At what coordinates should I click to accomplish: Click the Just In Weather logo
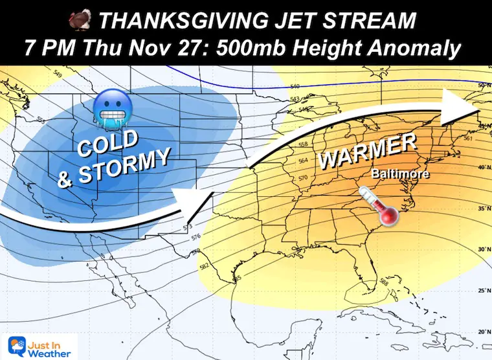(39, 346)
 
